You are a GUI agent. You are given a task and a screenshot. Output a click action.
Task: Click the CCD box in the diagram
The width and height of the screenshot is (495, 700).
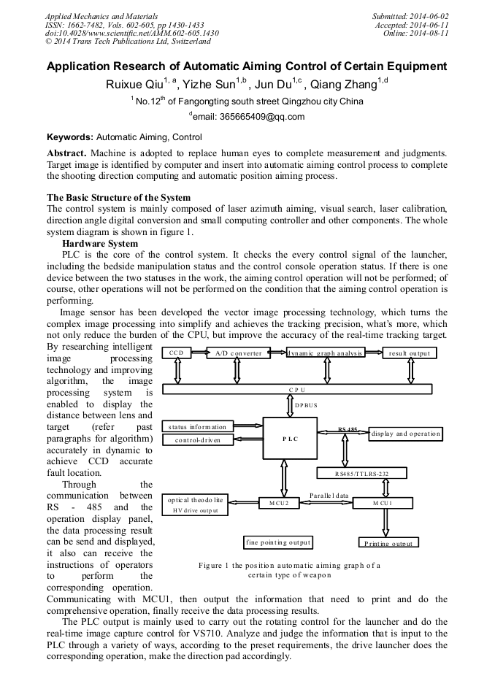pyautogui.click(x=177, y=353)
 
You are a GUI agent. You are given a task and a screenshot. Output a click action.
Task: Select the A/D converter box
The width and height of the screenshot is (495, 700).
pyautogui.click(x=237, y=353)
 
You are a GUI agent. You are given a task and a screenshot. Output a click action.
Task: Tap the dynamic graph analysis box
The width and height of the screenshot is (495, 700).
pyautogui.click(x=324, y=353)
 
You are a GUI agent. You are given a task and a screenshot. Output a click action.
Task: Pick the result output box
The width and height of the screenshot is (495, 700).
pyautogui.click(x=410, y=353)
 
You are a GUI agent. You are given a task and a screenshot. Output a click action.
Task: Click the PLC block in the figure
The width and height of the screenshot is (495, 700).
pyautogui.click(x=290, y=438)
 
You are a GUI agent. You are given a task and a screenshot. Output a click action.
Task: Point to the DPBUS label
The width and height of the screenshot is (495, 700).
pyautogui.click(x=307, y=404)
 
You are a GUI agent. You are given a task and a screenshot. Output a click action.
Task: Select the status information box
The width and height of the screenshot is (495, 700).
pyautogui.click(x=197, y=426)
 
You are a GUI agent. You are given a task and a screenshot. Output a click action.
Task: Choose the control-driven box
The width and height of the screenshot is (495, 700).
pyautogui.click(x=197, y=440)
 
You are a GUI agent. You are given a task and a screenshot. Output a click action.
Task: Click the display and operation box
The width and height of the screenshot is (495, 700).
pyautogui.click(x=406, y=434)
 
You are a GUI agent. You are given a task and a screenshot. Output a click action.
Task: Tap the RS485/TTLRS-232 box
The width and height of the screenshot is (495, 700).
pyautogui.click(x=361, y=474)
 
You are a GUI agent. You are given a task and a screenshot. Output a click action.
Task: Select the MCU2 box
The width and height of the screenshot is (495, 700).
pyautogui.click(x=279, y=503)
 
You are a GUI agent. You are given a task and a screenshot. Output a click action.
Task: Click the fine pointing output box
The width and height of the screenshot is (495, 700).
pyautogui.click(x=278, y=542)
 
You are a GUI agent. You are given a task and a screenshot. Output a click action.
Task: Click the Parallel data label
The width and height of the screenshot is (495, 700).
pyautogui.click(x=329, y=495)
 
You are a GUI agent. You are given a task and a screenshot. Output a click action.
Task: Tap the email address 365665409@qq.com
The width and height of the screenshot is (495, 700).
pyautogui.click(x=252, y=116)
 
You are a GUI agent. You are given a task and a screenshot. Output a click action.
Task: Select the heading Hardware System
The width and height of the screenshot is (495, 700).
pyautogui.click(x=99, y=243)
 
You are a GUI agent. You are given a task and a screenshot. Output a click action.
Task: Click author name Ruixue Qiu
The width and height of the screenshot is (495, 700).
pyautogui.click(x=134, y=84)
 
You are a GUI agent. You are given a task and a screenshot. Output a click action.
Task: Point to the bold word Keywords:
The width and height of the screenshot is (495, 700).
pyautogui.click(x=70, y=136)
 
